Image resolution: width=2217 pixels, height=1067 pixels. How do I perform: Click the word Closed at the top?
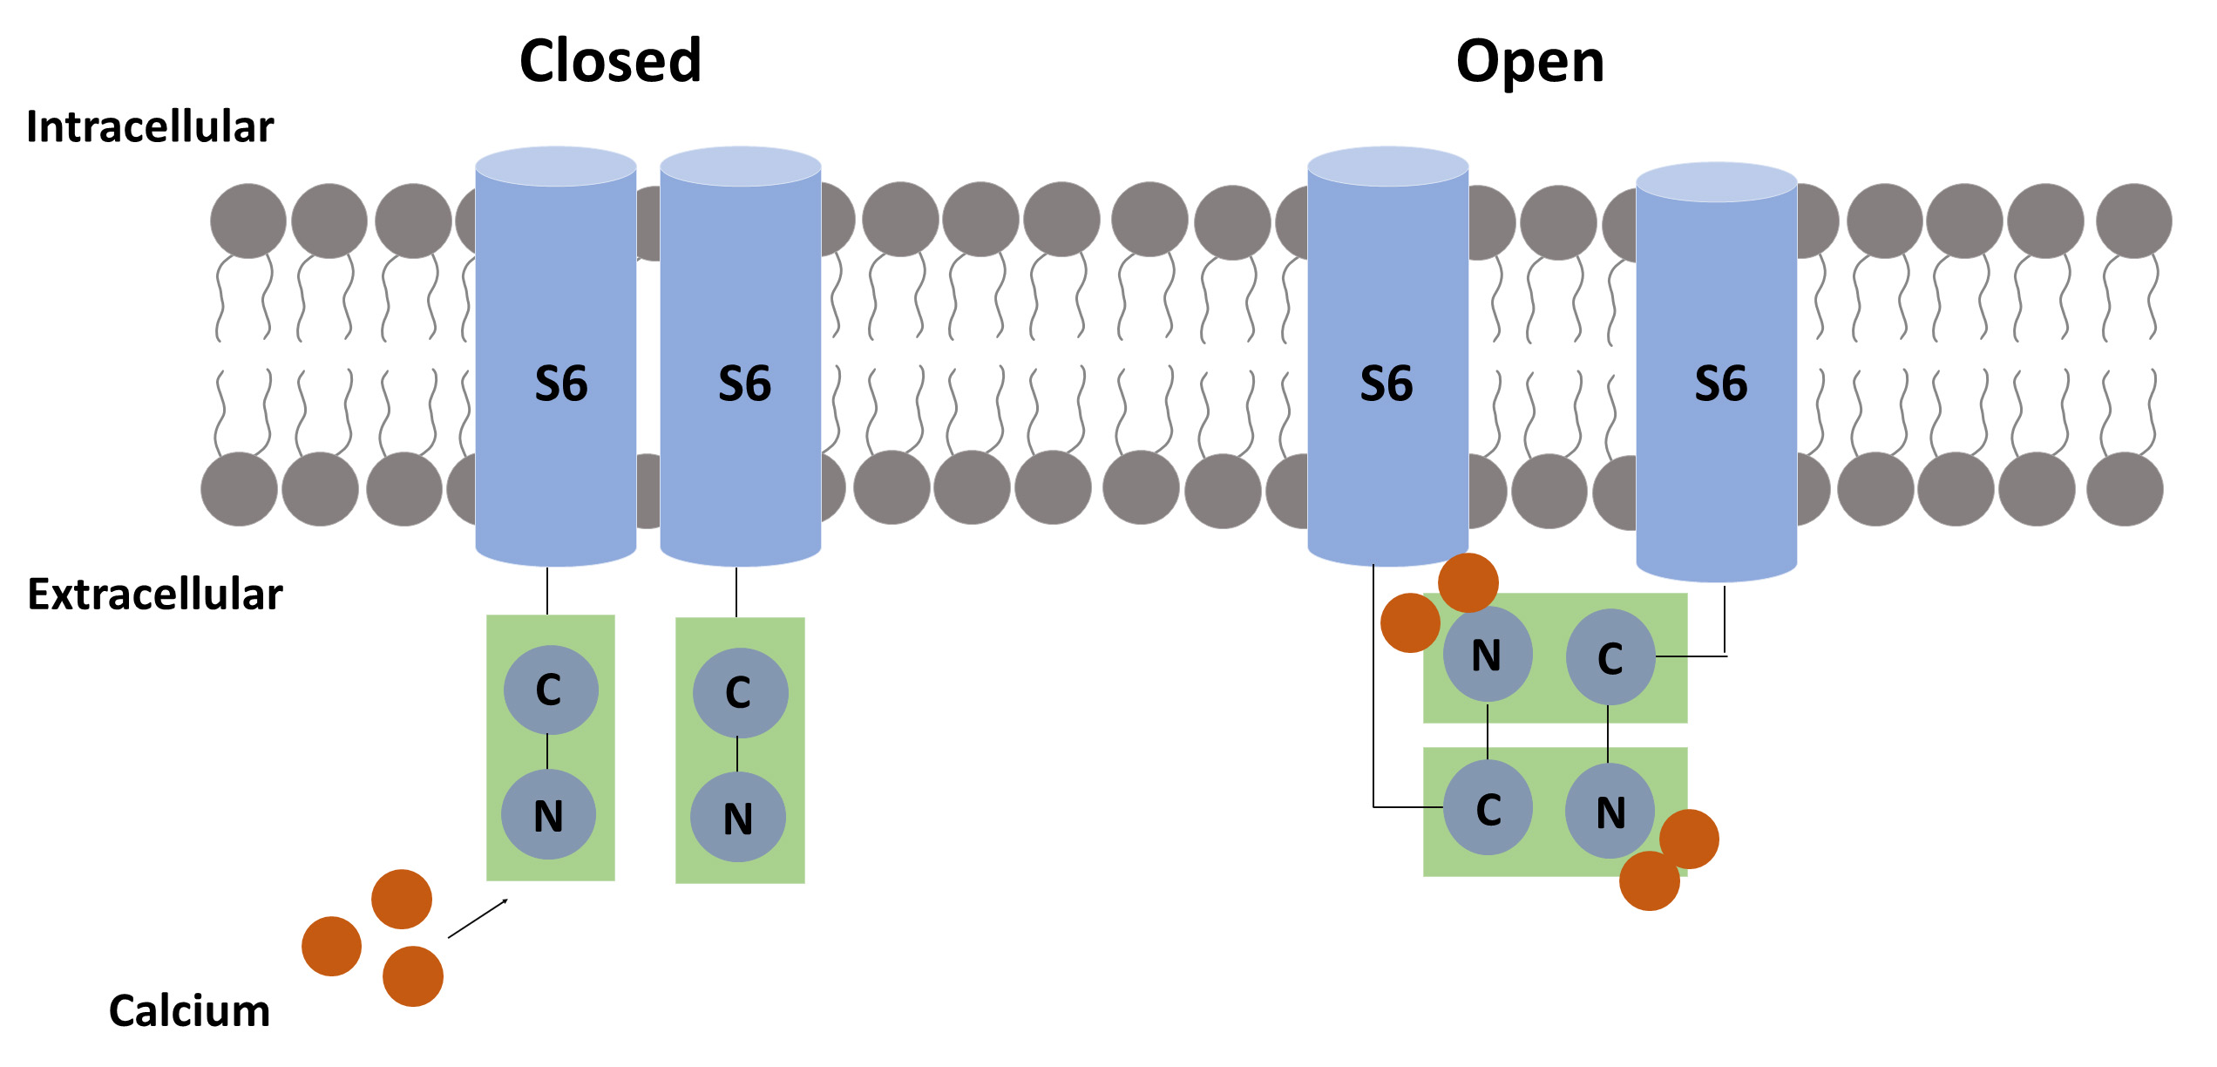610,61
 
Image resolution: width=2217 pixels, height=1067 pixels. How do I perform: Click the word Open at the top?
1529,63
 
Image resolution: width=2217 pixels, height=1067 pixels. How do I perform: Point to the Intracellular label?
150,127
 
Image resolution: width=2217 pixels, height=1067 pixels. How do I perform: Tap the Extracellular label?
155,595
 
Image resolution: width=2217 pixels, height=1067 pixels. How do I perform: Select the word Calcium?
189,1011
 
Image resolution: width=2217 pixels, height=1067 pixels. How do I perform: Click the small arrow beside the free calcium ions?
478,919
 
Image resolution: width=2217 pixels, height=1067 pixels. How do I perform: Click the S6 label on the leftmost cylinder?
560,384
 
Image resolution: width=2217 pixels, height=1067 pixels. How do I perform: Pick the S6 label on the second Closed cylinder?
744,384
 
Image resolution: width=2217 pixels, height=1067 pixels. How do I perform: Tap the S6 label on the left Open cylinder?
1386,384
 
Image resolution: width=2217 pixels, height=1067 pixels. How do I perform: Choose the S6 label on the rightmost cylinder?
1720,384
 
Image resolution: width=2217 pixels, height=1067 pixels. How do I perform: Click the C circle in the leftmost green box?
550,690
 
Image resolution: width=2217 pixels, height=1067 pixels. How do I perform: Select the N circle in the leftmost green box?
548,815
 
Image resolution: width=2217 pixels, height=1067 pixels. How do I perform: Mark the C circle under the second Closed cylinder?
740,693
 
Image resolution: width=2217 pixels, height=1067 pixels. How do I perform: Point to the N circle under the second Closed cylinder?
737,818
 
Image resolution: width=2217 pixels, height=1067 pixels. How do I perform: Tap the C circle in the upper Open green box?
1610,657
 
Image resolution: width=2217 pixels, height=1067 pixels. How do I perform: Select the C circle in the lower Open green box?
1488,809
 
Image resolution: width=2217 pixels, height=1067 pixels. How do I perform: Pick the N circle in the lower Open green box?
1610,812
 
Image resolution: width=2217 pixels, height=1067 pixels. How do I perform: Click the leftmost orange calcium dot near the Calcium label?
331,947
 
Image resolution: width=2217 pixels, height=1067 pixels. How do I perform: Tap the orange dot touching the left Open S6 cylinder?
1468,582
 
